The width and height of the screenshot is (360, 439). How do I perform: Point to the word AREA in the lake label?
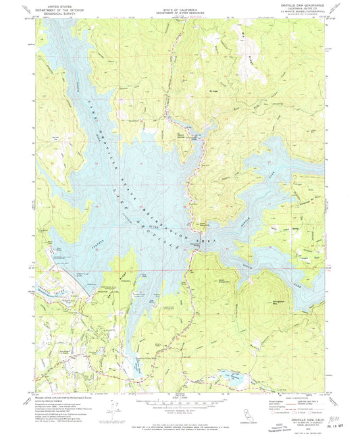coord(198,240)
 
